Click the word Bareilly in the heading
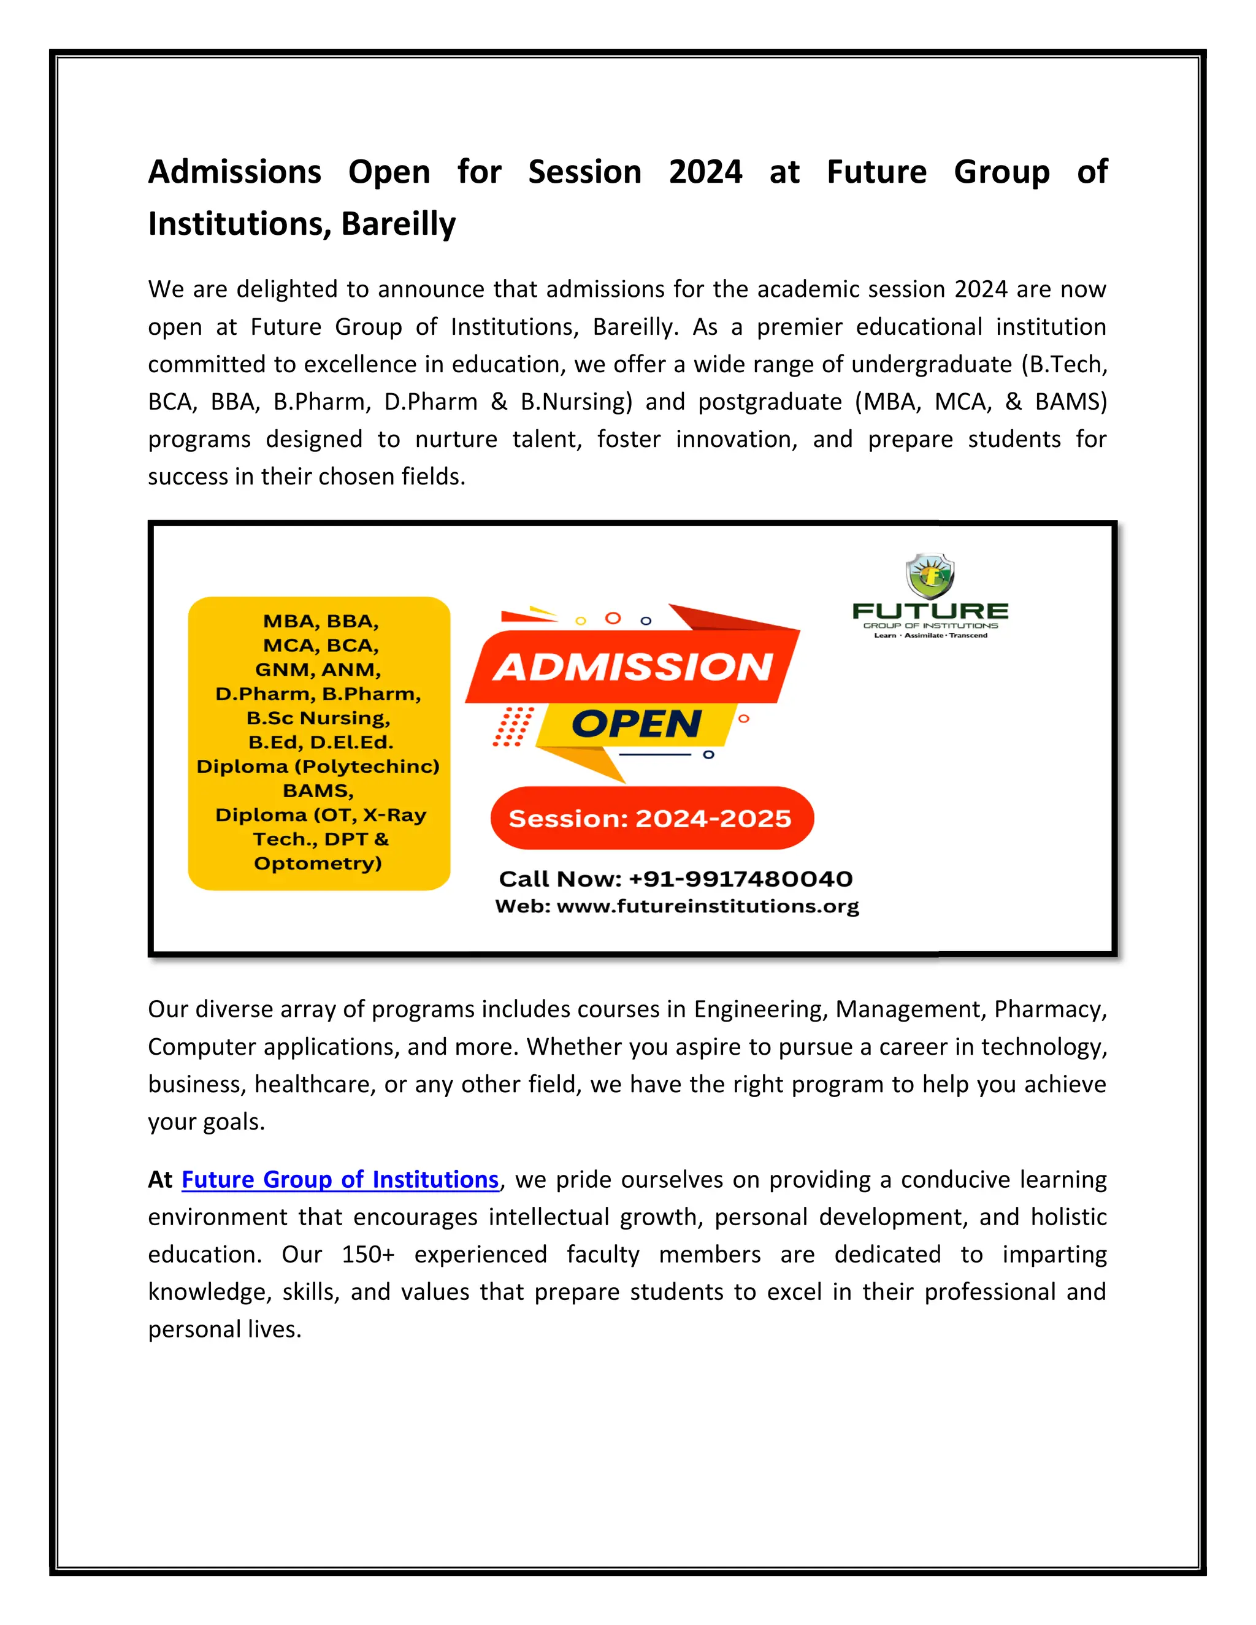pyautogui.click(x=398, y=224)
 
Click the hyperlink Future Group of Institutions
pyautogui.click(x=339, y=1179)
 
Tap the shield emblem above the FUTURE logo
pyautogui.click(x=930, y=576)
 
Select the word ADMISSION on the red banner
pyautogui.click(x=633, y=667)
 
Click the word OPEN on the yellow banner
pyautogui.click(x=636, y=724)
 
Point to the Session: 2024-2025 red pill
pyautogui.click(x=651, y=819)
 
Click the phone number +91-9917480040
pyautogui.click(x=740, y=879)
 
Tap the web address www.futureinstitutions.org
pyautogui.click(x=707, y=906)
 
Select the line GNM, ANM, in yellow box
pyautogui.click(x=318, y=670)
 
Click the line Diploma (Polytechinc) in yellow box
pyautogui.click(x=318, y=767)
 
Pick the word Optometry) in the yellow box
pyautogui.click(x=318, y=863)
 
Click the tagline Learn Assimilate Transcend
pyautogui.click(x=930, y=635)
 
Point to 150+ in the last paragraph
pyautogui.click(x=367, y=1255)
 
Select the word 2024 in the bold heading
pyautogui.click(x=705, y=172)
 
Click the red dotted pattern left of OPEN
pyautogui.click(x=513, y=726)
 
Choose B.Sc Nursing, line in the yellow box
pyautogui.click(x=318, y=718)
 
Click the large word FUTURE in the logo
pyautogui.click(x=930, y=611)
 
